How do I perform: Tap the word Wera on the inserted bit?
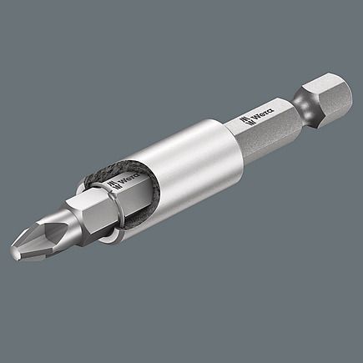[129, 180]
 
